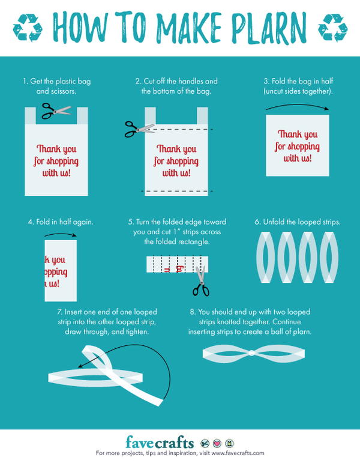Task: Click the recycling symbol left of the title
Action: click(x=28, y=26)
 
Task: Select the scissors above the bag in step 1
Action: click(x=56, y=110)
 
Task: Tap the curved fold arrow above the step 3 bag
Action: click(x=298, y=106)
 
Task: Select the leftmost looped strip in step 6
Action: click(x=265, y=258)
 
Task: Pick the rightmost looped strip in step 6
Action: click(x=329, y=258)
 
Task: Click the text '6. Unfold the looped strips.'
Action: click(x=297, y=222)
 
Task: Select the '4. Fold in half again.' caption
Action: click(x=60, y=222)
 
